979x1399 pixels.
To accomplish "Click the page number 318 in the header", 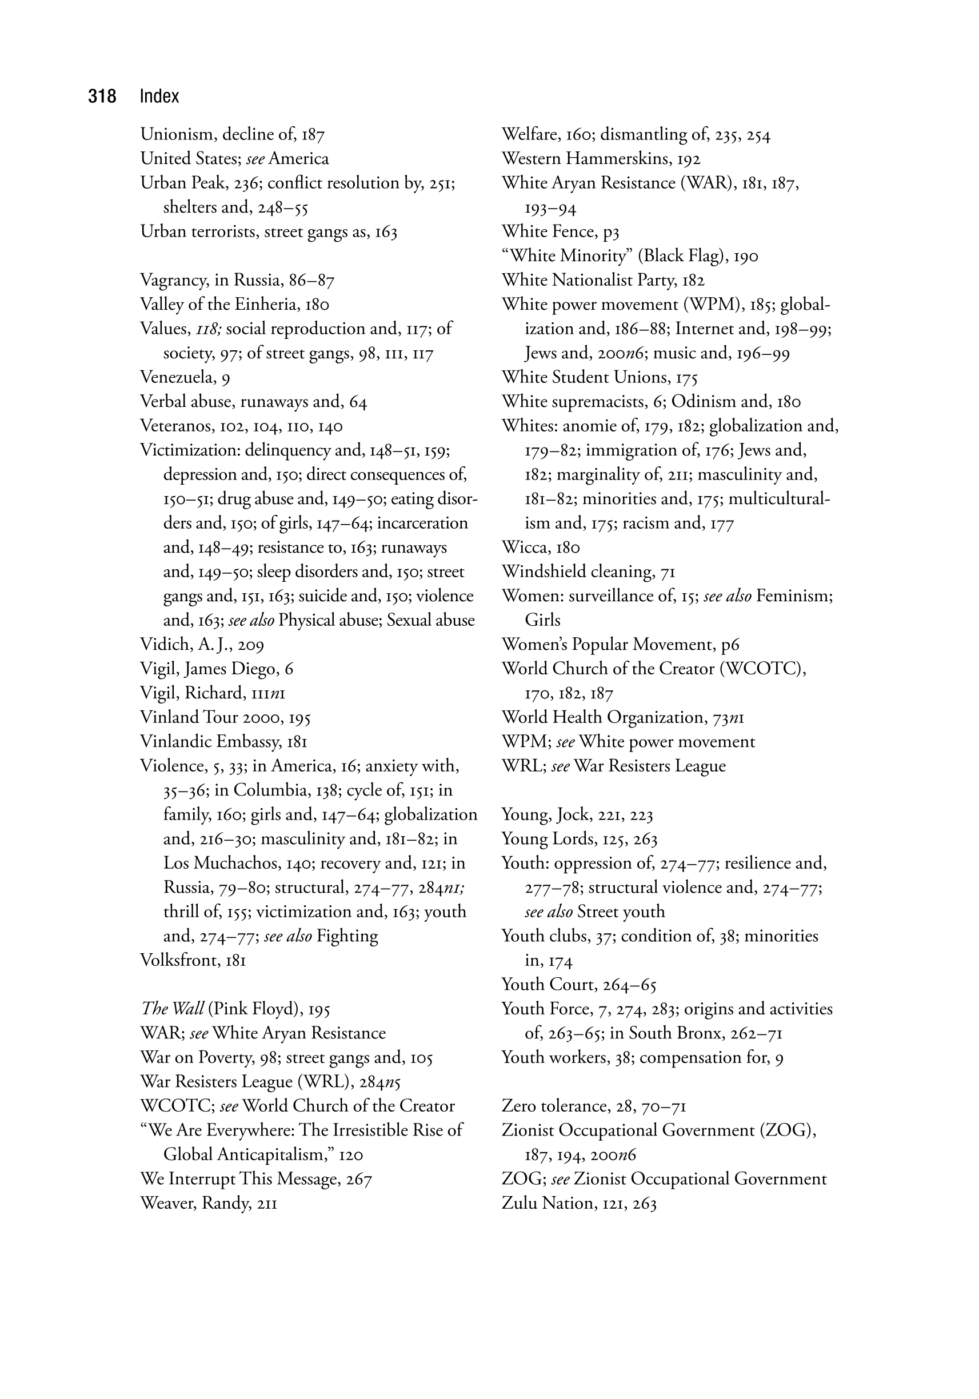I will [x=102, y=96].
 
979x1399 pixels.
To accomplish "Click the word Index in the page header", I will [x=159, y=96].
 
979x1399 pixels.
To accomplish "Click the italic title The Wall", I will [x=172, y=1009].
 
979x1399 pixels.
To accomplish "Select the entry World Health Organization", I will [x=604, y=717].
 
